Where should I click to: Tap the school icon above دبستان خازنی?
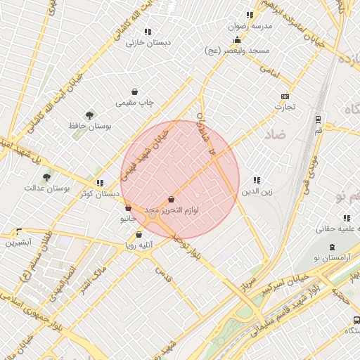click(148, 32)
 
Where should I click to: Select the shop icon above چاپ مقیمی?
click(135, 91)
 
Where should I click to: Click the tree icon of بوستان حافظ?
click(89, 115)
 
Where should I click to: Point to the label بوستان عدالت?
click(44, 188)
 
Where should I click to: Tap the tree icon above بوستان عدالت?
click(46, 177)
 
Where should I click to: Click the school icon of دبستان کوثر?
click(101, 183)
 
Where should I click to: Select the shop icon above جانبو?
click(127, 207)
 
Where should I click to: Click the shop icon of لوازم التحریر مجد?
click(172, 200)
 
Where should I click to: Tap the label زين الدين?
click(257, 191)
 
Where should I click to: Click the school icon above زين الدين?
click(257, 180)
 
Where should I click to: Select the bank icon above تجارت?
click(285, 96)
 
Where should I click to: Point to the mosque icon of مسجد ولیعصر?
click(237, 39)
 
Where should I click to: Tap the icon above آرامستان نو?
click(333, 247)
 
